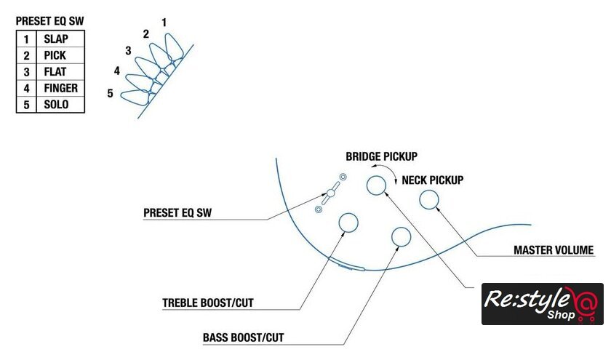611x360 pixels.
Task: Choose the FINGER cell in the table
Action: pyautogui.click(x=60, y=88)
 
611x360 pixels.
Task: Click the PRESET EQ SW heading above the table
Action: pyautogui.click(x=49, y=22)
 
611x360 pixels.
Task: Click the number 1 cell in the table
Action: pyautogui.click(x=25, y=39)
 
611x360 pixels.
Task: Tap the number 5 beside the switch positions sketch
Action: pyautogui.click(x=110, y=93)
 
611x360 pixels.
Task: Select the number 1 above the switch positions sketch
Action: pyautogui.click(x=164, y=23)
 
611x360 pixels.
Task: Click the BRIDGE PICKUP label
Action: pyautogui.click(x=381, y=156)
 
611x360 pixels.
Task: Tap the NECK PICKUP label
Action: pyautogui.click(x=433, y=180)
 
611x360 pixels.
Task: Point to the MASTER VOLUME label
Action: pyautogui.click(x=554, y=250)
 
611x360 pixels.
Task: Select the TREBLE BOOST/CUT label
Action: pyautogui.click(x=207, y=302)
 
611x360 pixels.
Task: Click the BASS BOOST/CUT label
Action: pyautogui.click(x=243, y=338)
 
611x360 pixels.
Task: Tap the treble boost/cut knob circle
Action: pyautogui.click(x=349, y=223)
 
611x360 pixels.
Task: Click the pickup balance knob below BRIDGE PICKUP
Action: pyautogui.click(x=375, y=185)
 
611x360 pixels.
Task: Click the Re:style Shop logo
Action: pyautogui.click(x=542, y=303)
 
